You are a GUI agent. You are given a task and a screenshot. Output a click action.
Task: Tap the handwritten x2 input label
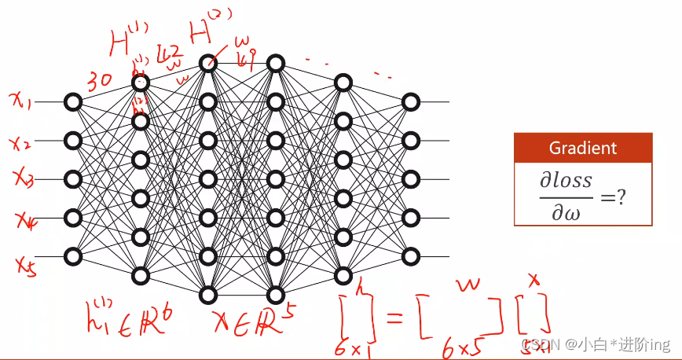[20, 142]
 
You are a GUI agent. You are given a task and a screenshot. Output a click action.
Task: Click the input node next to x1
[73, 102]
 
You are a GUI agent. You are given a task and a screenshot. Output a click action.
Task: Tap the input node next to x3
[73, 179]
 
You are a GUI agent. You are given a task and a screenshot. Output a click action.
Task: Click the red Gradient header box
[582, 148]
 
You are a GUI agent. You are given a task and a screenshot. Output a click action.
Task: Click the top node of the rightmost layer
[410, 102]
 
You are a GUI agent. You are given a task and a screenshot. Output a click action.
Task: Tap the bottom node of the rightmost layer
[410, 256]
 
